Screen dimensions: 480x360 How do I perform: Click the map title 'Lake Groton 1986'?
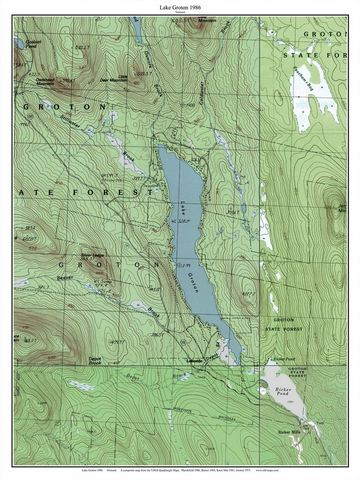pyautogui.click(x=179, y=7)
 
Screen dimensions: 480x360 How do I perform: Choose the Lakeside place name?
pyautogui.click(x=197, y=361)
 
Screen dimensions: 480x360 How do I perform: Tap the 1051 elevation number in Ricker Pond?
pyautogui.click(x=289, y=402)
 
